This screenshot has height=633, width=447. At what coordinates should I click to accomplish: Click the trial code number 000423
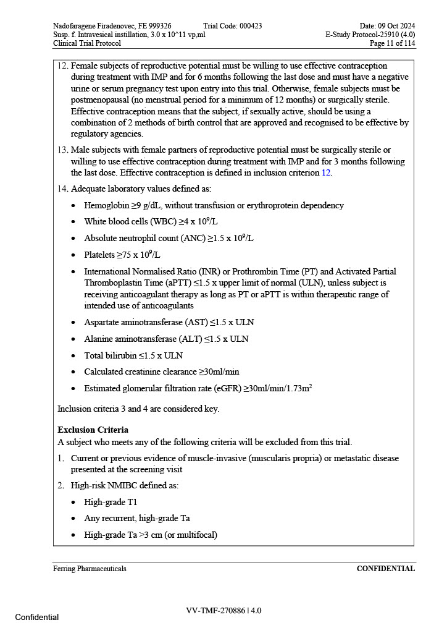(x=249, y=26)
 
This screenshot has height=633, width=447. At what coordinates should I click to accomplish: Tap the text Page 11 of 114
(x=392, y=44)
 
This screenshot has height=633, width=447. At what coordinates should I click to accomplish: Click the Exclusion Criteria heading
(x=93, y=430)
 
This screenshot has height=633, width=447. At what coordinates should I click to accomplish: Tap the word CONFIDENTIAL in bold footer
(x=385, y=569)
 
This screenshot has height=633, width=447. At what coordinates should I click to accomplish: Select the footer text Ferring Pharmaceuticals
(x=90, y=569)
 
